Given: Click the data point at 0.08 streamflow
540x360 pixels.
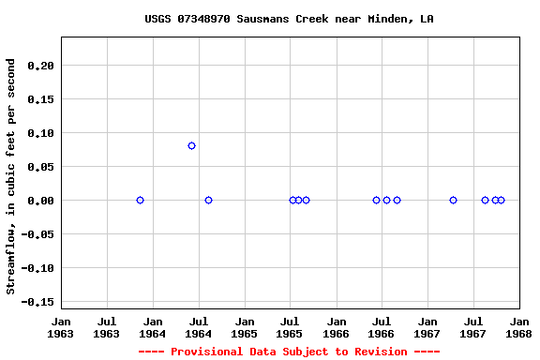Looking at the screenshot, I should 191,145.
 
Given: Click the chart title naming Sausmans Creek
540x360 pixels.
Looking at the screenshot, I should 289,19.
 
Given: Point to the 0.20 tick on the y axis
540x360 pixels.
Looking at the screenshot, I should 41,66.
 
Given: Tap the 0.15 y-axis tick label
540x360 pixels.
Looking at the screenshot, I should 41,99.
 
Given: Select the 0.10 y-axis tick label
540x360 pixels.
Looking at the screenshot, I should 41,133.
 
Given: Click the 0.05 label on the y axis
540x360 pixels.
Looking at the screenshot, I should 41,167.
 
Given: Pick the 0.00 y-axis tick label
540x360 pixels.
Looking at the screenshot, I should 41,201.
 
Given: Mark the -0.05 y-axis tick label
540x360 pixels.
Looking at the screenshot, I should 37,234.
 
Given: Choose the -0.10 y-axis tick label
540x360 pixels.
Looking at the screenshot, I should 37,268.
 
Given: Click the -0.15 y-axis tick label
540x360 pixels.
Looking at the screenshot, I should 37,302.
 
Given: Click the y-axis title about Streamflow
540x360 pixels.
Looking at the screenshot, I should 11,176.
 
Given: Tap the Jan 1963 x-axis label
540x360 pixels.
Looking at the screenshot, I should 61,327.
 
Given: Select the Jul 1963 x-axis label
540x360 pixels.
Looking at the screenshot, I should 107,327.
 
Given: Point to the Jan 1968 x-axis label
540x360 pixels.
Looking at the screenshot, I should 519,327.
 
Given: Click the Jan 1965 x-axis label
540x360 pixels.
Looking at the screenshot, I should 245,327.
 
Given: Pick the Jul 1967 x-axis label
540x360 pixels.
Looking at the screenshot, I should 474,327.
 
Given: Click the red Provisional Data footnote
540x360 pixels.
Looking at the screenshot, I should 289,352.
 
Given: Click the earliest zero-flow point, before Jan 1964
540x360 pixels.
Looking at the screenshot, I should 140,200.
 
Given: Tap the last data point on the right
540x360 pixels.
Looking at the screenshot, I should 501,200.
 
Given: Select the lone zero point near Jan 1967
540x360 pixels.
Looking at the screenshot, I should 453,200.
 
